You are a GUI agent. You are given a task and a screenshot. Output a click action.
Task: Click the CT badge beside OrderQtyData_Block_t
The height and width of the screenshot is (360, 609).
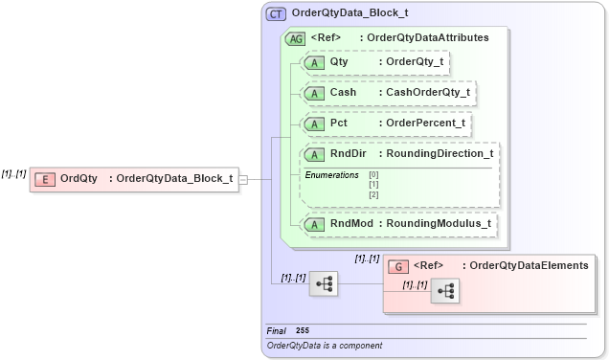tap(276, 13)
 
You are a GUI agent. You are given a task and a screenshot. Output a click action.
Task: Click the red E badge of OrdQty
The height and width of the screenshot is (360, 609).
tap(43, 178)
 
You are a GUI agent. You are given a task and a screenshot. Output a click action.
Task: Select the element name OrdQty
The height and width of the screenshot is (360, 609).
tap(79, 178)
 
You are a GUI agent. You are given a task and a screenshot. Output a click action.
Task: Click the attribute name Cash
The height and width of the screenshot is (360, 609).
tap(344, 93)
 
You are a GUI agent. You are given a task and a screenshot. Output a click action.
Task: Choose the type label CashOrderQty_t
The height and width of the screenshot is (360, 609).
tap(428, 93)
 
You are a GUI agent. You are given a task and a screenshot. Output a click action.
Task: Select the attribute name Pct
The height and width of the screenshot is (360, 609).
tap(339, 123)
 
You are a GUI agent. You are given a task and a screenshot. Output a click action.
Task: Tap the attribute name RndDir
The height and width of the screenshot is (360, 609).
tap(349, 153)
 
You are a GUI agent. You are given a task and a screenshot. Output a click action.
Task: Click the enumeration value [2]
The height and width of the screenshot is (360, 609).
tap(374, 194)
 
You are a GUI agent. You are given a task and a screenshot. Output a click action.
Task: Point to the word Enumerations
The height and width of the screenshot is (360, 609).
tap(331, 175)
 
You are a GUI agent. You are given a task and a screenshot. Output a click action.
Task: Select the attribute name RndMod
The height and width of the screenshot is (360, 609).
tap(350, 224)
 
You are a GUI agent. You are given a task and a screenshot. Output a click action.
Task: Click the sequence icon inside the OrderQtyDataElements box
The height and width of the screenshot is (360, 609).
tap(445, 290)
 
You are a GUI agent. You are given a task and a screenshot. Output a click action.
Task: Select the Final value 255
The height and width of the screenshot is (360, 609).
tap(303, 330)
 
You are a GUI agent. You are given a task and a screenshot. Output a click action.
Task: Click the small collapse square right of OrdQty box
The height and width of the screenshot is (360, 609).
tap(243, 178)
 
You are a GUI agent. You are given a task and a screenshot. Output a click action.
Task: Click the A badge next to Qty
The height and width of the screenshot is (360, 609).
tap(314, 62)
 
